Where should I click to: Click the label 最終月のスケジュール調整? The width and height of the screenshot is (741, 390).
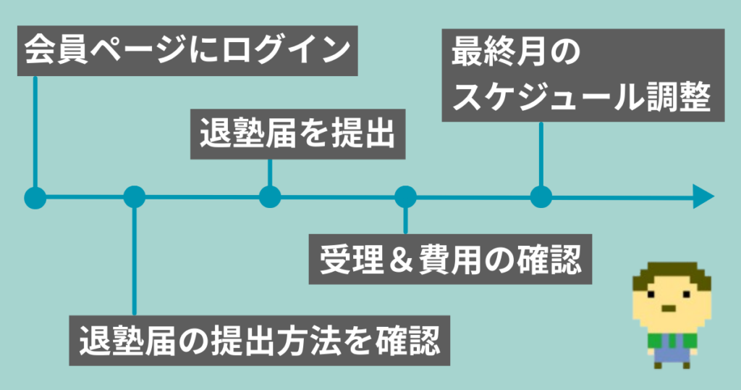(583, 75)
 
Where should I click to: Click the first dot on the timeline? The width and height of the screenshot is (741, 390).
(35, 196)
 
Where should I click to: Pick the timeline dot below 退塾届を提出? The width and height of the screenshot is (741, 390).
(269, 196)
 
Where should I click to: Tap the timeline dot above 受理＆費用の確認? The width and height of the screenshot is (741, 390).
(405, 196)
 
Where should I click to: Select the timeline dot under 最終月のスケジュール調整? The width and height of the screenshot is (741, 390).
(541, 196)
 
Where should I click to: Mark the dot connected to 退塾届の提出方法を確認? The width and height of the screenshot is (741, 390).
(134, 196)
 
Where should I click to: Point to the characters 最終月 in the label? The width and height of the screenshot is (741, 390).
(493, 54)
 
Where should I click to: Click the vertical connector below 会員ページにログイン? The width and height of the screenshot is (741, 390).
(35, 130)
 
